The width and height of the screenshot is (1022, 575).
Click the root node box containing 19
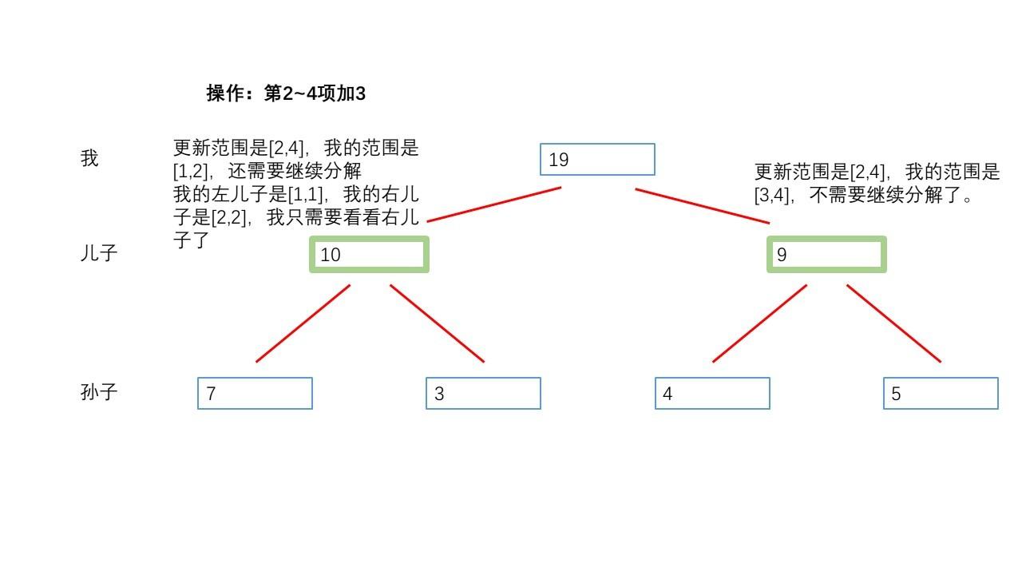597,160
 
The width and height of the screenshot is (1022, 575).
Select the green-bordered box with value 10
369,255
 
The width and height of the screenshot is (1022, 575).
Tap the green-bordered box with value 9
826,255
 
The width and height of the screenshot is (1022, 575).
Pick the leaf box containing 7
255,394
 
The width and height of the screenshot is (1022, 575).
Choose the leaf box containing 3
483,394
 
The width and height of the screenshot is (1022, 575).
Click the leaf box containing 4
712,394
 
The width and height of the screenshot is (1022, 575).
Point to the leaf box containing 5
941,394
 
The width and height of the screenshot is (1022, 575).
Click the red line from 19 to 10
494,204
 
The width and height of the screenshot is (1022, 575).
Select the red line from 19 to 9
703,206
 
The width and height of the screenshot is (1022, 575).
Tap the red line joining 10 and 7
303,323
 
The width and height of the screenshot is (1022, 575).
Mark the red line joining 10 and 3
437,323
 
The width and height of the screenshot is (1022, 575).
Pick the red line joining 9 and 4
759,323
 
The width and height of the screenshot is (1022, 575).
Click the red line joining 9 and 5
893,323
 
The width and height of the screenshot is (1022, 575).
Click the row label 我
89,159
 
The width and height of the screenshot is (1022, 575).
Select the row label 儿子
99,254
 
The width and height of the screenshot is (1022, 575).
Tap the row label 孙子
99,392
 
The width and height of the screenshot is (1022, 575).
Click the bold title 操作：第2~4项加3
286,93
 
